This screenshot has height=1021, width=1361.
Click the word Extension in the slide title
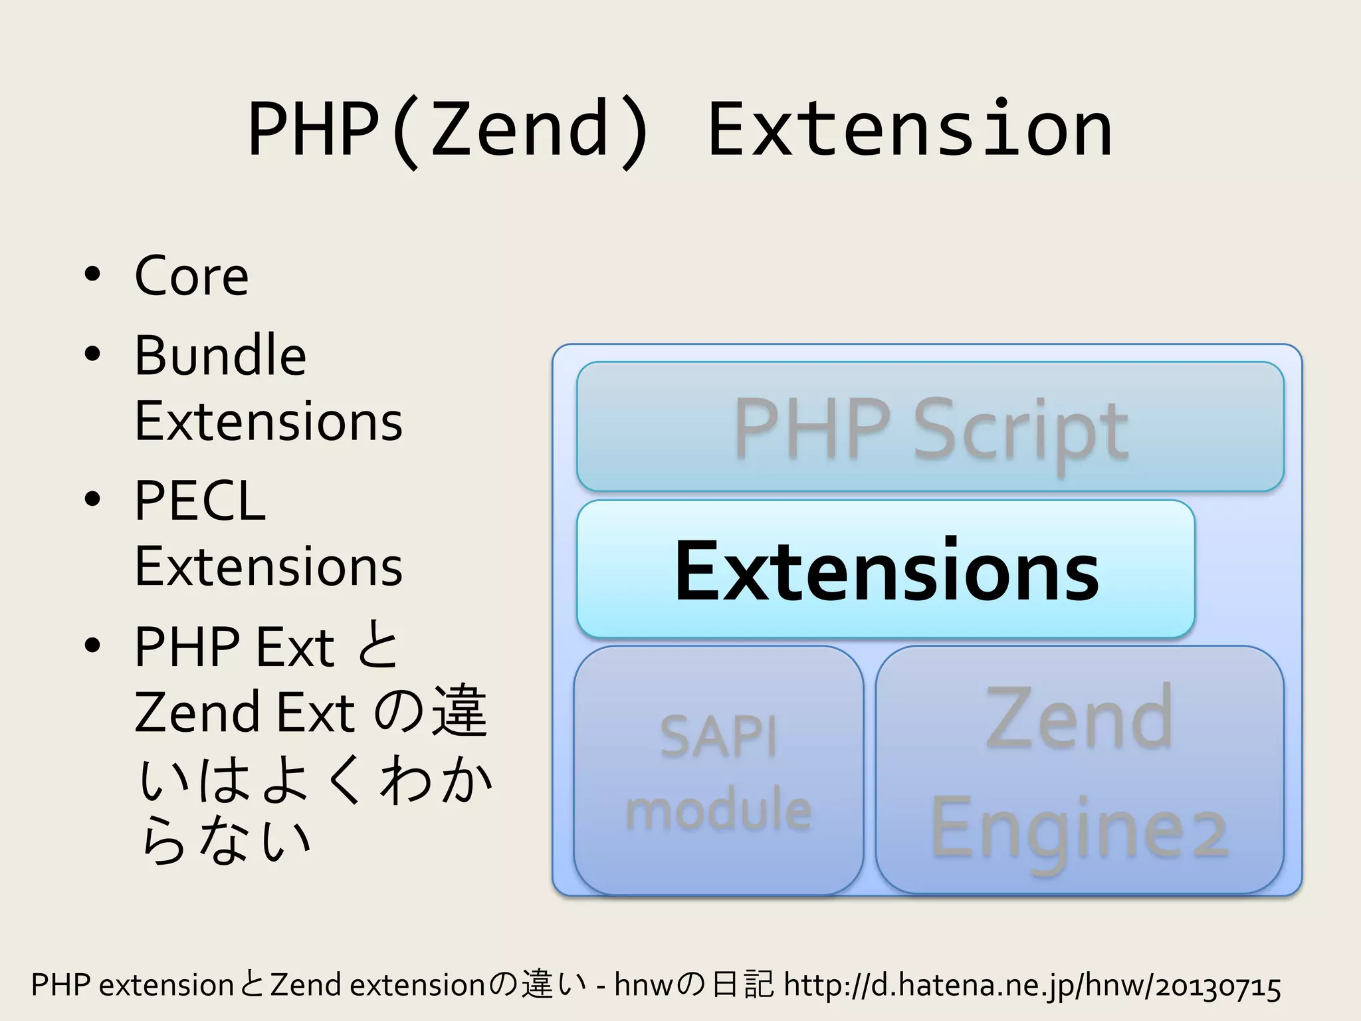(909, 130)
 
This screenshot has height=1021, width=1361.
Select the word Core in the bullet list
(191, 276)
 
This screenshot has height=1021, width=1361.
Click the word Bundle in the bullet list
(220, 356)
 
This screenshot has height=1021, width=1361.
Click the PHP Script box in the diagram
(930, 427)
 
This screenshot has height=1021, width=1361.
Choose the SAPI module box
(718, 771)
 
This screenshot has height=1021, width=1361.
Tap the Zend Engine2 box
(1079, 771)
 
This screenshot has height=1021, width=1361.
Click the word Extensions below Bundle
(268, 422)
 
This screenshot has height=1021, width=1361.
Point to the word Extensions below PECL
(268, 567)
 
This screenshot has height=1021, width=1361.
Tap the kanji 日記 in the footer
(742, 985)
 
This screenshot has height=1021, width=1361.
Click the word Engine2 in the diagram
(1079, 831)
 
